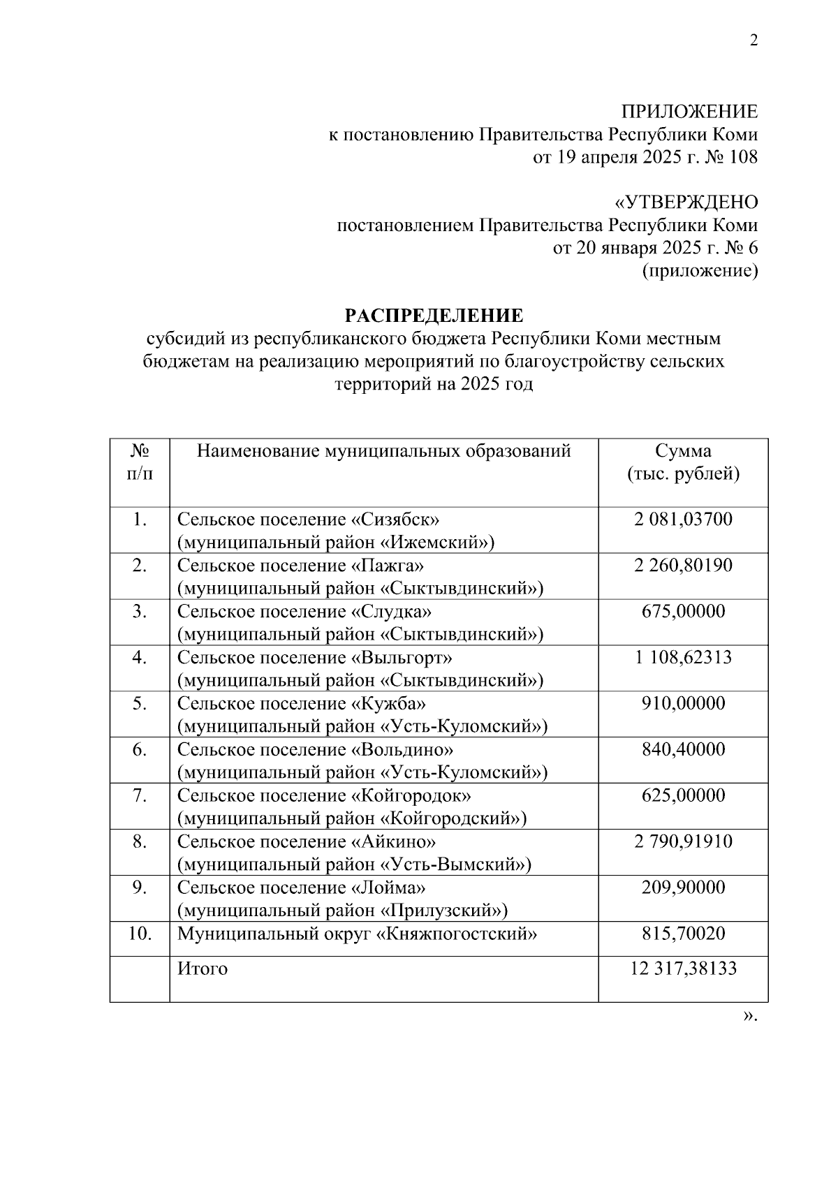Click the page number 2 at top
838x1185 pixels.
[753, 41]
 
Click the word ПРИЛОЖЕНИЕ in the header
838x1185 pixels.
[689, 112]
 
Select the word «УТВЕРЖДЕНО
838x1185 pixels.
[685, 203]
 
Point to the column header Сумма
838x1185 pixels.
[682, 450]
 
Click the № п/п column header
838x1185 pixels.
[140, 462]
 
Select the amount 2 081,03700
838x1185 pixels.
[682, 519]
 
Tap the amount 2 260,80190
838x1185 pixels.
[682, 565]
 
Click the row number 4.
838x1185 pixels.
[140, 657]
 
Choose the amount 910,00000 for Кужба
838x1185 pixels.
[682, 703]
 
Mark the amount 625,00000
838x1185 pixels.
[682, 795]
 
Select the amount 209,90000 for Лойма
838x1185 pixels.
[682, 888]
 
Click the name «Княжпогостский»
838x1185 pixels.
[457, 934]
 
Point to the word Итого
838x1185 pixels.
[202, 969]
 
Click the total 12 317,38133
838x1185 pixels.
[682, 969]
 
